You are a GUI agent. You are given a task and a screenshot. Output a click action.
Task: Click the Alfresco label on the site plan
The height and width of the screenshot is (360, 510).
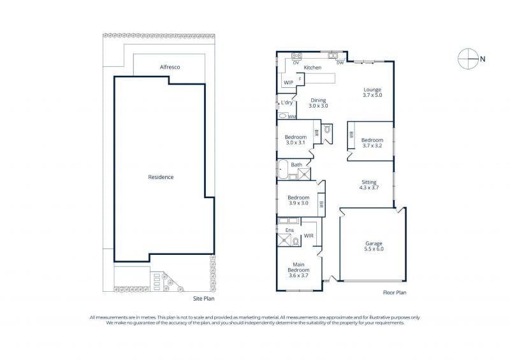[170, 67]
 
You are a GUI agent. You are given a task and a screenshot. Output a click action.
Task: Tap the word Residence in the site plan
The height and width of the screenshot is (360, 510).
[161, 177]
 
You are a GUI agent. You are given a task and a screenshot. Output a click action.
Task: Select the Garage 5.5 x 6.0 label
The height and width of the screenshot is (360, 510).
[374, 246]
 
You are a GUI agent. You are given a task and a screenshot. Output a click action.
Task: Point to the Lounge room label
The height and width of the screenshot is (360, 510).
[372, 92]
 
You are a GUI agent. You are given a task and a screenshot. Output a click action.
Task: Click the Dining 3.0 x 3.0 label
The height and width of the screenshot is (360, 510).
[318, 103]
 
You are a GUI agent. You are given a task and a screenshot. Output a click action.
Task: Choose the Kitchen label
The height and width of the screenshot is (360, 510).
[312, 68]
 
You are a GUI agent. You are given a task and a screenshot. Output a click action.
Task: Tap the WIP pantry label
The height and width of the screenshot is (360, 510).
[289, 83]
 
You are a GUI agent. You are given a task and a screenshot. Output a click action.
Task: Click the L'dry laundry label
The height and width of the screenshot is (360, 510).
[286, 103]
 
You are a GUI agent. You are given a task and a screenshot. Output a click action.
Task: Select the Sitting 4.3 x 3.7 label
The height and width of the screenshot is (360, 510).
[369, 185]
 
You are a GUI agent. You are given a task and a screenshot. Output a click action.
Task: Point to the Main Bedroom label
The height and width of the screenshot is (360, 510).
[298, 270]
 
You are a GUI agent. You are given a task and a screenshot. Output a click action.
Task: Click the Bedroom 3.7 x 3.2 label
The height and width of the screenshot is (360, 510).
[372, 143]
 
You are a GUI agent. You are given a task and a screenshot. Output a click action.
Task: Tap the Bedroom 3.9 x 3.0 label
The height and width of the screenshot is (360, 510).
[298, 200]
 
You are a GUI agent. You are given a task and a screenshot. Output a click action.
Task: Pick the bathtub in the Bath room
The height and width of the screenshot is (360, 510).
[283, 169]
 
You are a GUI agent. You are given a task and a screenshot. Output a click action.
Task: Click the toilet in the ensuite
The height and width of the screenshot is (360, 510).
[296, 241]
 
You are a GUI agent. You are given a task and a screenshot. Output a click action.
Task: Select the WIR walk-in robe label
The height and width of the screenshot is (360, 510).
[309, 236]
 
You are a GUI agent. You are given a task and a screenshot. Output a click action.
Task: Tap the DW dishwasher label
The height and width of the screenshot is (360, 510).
[340, 63]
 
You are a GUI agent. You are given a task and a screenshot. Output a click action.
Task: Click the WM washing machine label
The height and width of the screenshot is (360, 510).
[292, 117]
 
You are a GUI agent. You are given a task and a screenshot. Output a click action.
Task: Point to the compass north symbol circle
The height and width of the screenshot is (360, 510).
[468, 59]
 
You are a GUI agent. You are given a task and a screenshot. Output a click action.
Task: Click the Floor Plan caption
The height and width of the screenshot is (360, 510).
[395, 292]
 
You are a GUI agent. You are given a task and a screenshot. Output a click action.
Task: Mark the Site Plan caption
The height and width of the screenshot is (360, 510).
[203, 299]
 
